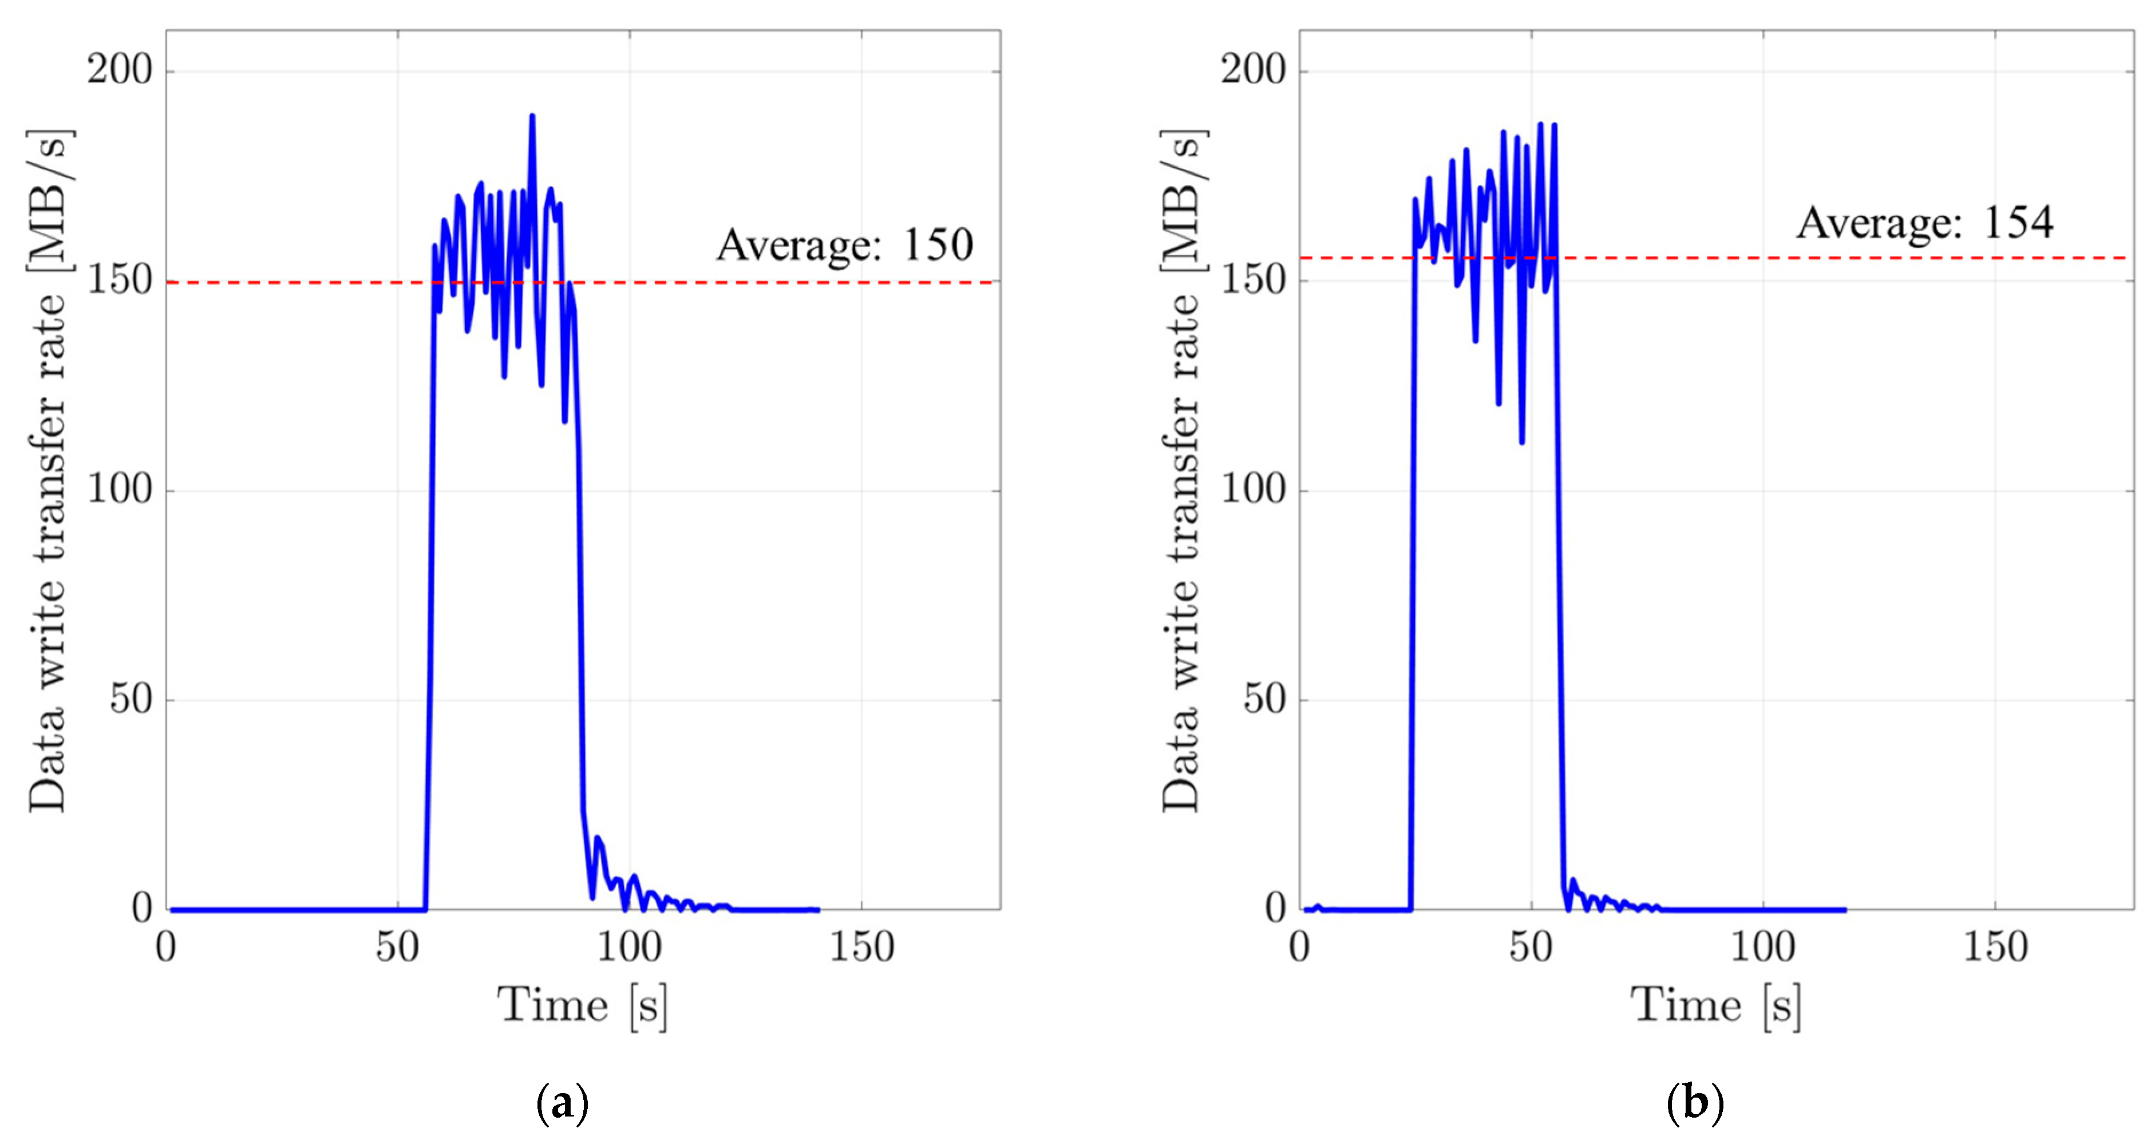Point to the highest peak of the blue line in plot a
(x=532, y=117)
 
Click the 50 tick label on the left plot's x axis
(x=397, y=947)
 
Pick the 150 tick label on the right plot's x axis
(x=1995, y=947)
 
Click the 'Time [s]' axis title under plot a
(x=582, y=1004)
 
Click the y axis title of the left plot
(x=49, y=470)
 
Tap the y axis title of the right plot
(x=1181, y=470)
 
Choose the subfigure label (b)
(x=1694, y=1104)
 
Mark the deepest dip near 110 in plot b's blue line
(x=1521, y=441)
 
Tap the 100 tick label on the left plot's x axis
(x=629, y=947)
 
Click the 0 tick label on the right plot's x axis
(x=1299, y=947)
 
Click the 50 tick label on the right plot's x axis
(x=1531, y=947)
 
